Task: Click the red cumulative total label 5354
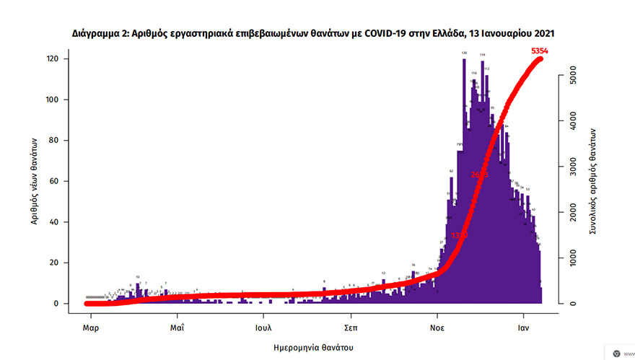[x=540, y=51]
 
